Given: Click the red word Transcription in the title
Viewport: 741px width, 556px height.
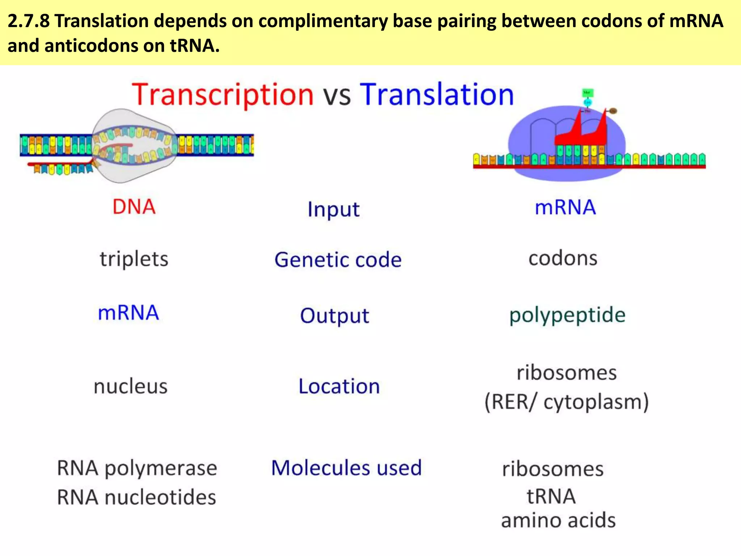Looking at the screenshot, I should [x=223, y=94].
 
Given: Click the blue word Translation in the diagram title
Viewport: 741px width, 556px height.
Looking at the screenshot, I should [x=437, y=94].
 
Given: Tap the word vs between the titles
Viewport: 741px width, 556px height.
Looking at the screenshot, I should [x=336, y=96].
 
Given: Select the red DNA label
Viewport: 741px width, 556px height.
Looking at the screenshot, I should [x=134, y=207].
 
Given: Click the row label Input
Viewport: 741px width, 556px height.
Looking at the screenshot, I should [x=334, y=209].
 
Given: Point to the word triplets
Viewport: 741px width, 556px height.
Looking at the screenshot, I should [x=134, y=259].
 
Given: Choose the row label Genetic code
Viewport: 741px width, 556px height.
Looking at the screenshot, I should [x=338, y=260].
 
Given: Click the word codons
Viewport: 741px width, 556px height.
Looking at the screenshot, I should [x=563, y=258].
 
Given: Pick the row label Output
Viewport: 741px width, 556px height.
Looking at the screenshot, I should [x=335, y=315].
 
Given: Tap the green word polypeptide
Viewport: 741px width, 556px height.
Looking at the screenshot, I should [x=567, y=315].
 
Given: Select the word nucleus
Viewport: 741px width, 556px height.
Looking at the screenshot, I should [x=131, y=386].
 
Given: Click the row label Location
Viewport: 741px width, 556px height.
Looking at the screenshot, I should [x=339, y=386].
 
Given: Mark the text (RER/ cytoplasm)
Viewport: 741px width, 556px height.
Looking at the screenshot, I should [x=567, y=402].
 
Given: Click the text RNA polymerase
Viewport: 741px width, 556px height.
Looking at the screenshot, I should [x=137, y=468].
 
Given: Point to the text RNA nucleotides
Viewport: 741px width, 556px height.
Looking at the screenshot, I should [x=136, y=497].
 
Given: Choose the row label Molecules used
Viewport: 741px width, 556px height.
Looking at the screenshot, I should [x=346, y=468].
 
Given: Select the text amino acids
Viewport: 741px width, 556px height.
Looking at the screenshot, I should [x=558, y=520].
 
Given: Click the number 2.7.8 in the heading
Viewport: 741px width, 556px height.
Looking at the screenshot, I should [x=29, y=21].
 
